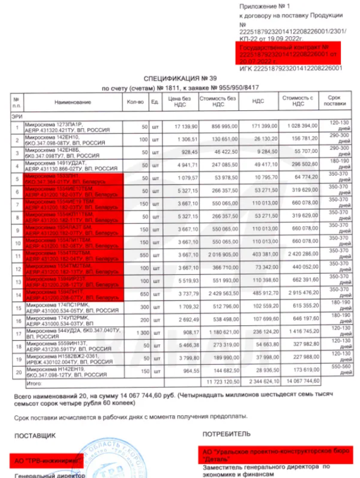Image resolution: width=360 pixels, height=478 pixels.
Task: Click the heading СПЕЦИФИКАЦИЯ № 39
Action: [179, 80]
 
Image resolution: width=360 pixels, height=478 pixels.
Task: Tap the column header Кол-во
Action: [135, 102]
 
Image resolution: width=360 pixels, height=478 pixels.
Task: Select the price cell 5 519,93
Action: [180, 280]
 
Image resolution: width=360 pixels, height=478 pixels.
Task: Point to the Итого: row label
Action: [35, 385]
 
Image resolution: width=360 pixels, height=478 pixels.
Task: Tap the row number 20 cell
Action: [17, 371]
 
